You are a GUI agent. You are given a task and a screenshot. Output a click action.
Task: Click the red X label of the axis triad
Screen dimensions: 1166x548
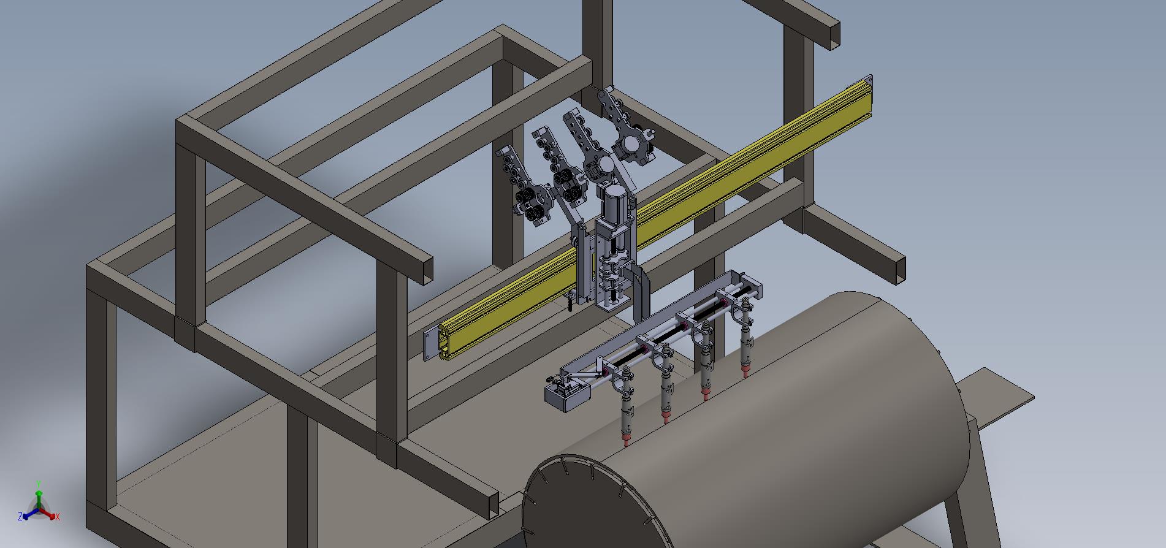[x=58, y=517]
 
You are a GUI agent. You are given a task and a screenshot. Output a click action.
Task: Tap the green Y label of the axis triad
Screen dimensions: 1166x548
[x=39, y=483]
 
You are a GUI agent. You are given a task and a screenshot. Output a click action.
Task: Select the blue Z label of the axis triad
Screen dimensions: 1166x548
[x=20, y=517]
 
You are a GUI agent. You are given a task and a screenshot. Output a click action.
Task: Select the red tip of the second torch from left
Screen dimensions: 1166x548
[x=666, y=417]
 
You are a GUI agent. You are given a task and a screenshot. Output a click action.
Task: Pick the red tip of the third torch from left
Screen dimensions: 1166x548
[x=706, y=393]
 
